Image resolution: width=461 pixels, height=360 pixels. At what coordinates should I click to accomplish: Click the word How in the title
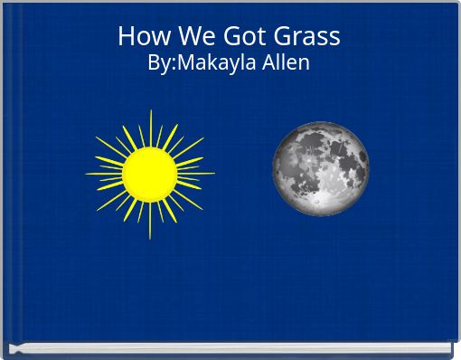pyautogui.click(x=138, y=36)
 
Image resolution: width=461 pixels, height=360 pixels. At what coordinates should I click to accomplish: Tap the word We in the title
pyautogui.click(x=184, y=36)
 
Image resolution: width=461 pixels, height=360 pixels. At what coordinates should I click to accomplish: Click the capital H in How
pyautogui.click(x=126, y=36)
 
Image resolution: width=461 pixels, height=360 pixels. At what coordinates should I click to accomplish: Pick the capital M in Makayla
pyautogui.click(x=181, y=63)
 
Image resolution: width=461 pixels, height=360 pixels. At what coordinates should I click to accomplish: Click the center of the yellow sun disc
pyautogui.click(x=149, y=174)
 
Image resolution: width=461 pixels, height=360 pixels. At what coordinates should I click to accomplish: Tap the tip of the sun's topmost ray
pyautogui.click(x=150, y=110)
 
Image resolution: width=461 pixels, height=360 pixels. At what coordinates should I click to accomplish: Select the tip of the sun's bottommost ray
pyautogui.click(x=150, y=239)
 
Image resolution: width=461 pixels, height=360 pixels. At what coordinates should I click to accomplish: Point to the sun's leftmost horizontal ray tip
pyautogui.click(x=86, y=174)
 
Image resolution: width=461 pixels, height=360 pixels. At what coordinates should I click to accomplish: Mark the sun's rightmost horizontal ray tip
pyautogui.click(x=214, y=173)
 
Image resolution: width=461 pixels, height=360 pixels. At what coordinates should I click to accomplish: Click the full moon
pyautogui.click(x=321, y=169)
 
